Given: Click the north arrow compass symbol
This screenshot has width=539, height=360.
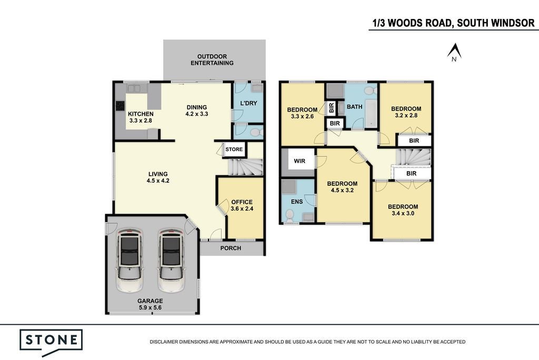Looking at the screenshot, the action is (454, 52).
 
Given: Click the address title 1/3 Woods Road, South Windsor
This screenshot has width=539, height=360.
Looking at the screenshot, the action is (454, 23).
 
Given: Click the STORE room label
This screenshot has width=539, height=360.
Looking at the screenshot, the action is (234, 149).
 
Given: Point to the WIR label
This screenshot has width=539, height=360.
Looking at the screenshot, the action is (300, 161).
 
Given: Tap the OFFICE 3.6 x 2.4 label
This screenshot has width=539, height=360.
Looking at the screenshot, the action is (242, 205).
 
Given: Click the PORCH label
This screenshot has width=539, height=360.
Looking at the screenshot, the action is (231, 248).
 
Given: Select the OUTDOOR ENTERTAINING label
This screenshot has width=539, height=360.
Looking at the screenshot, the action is (212, 60).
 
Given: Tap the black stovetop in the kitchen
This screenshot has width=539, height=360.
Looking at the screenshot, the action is (120, 105).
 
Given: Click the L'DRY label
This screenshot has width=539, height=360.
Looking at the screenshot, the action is (248, 103).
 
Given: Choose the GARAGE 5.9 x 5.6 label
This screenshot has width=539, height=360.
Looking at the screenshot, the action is (150, 304).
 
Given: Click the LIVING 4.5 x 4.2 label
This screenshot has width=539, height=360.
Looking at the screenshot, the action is (158, 177).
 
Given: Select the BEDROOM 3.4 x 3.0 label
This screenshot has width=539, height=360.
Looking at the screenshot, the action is (403, 210).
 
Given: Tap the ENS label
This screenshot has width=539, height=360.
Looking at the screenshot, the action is (297, 202).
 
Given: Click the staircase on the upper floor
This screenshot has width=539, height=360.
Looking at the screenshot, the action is (414, 157).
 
